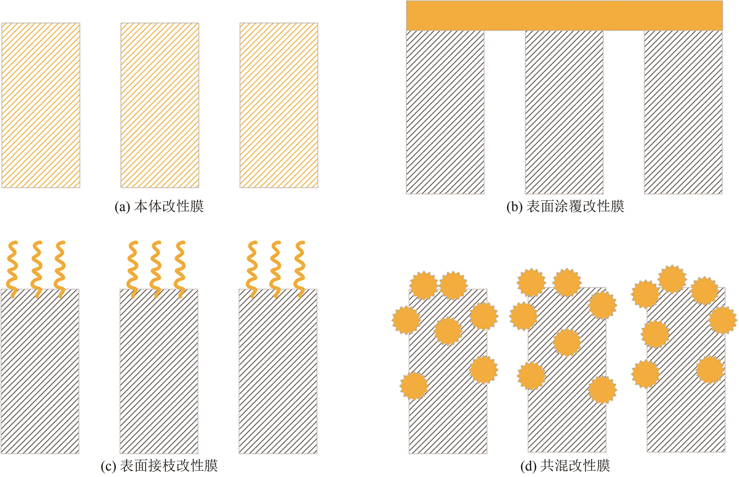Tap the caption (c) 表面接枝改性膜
point(159,466)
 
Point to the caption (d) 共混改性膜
point(565,466)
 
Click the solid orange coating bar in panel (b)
point(564,16)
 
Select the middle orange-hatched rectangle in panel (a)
point(160,105)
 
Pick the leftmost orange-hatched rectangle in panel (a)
point(41,105)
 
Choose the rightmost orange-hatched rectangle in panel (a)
point(279,105)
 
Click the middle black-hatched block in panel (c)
point(159,372)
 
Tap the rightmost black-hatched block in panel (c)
point(278,372)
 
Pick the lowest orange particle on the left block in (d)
point(414,386)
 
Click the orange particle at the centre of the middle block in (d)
point(567,342)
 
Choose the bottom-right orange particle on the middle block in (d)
point(602,390)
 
